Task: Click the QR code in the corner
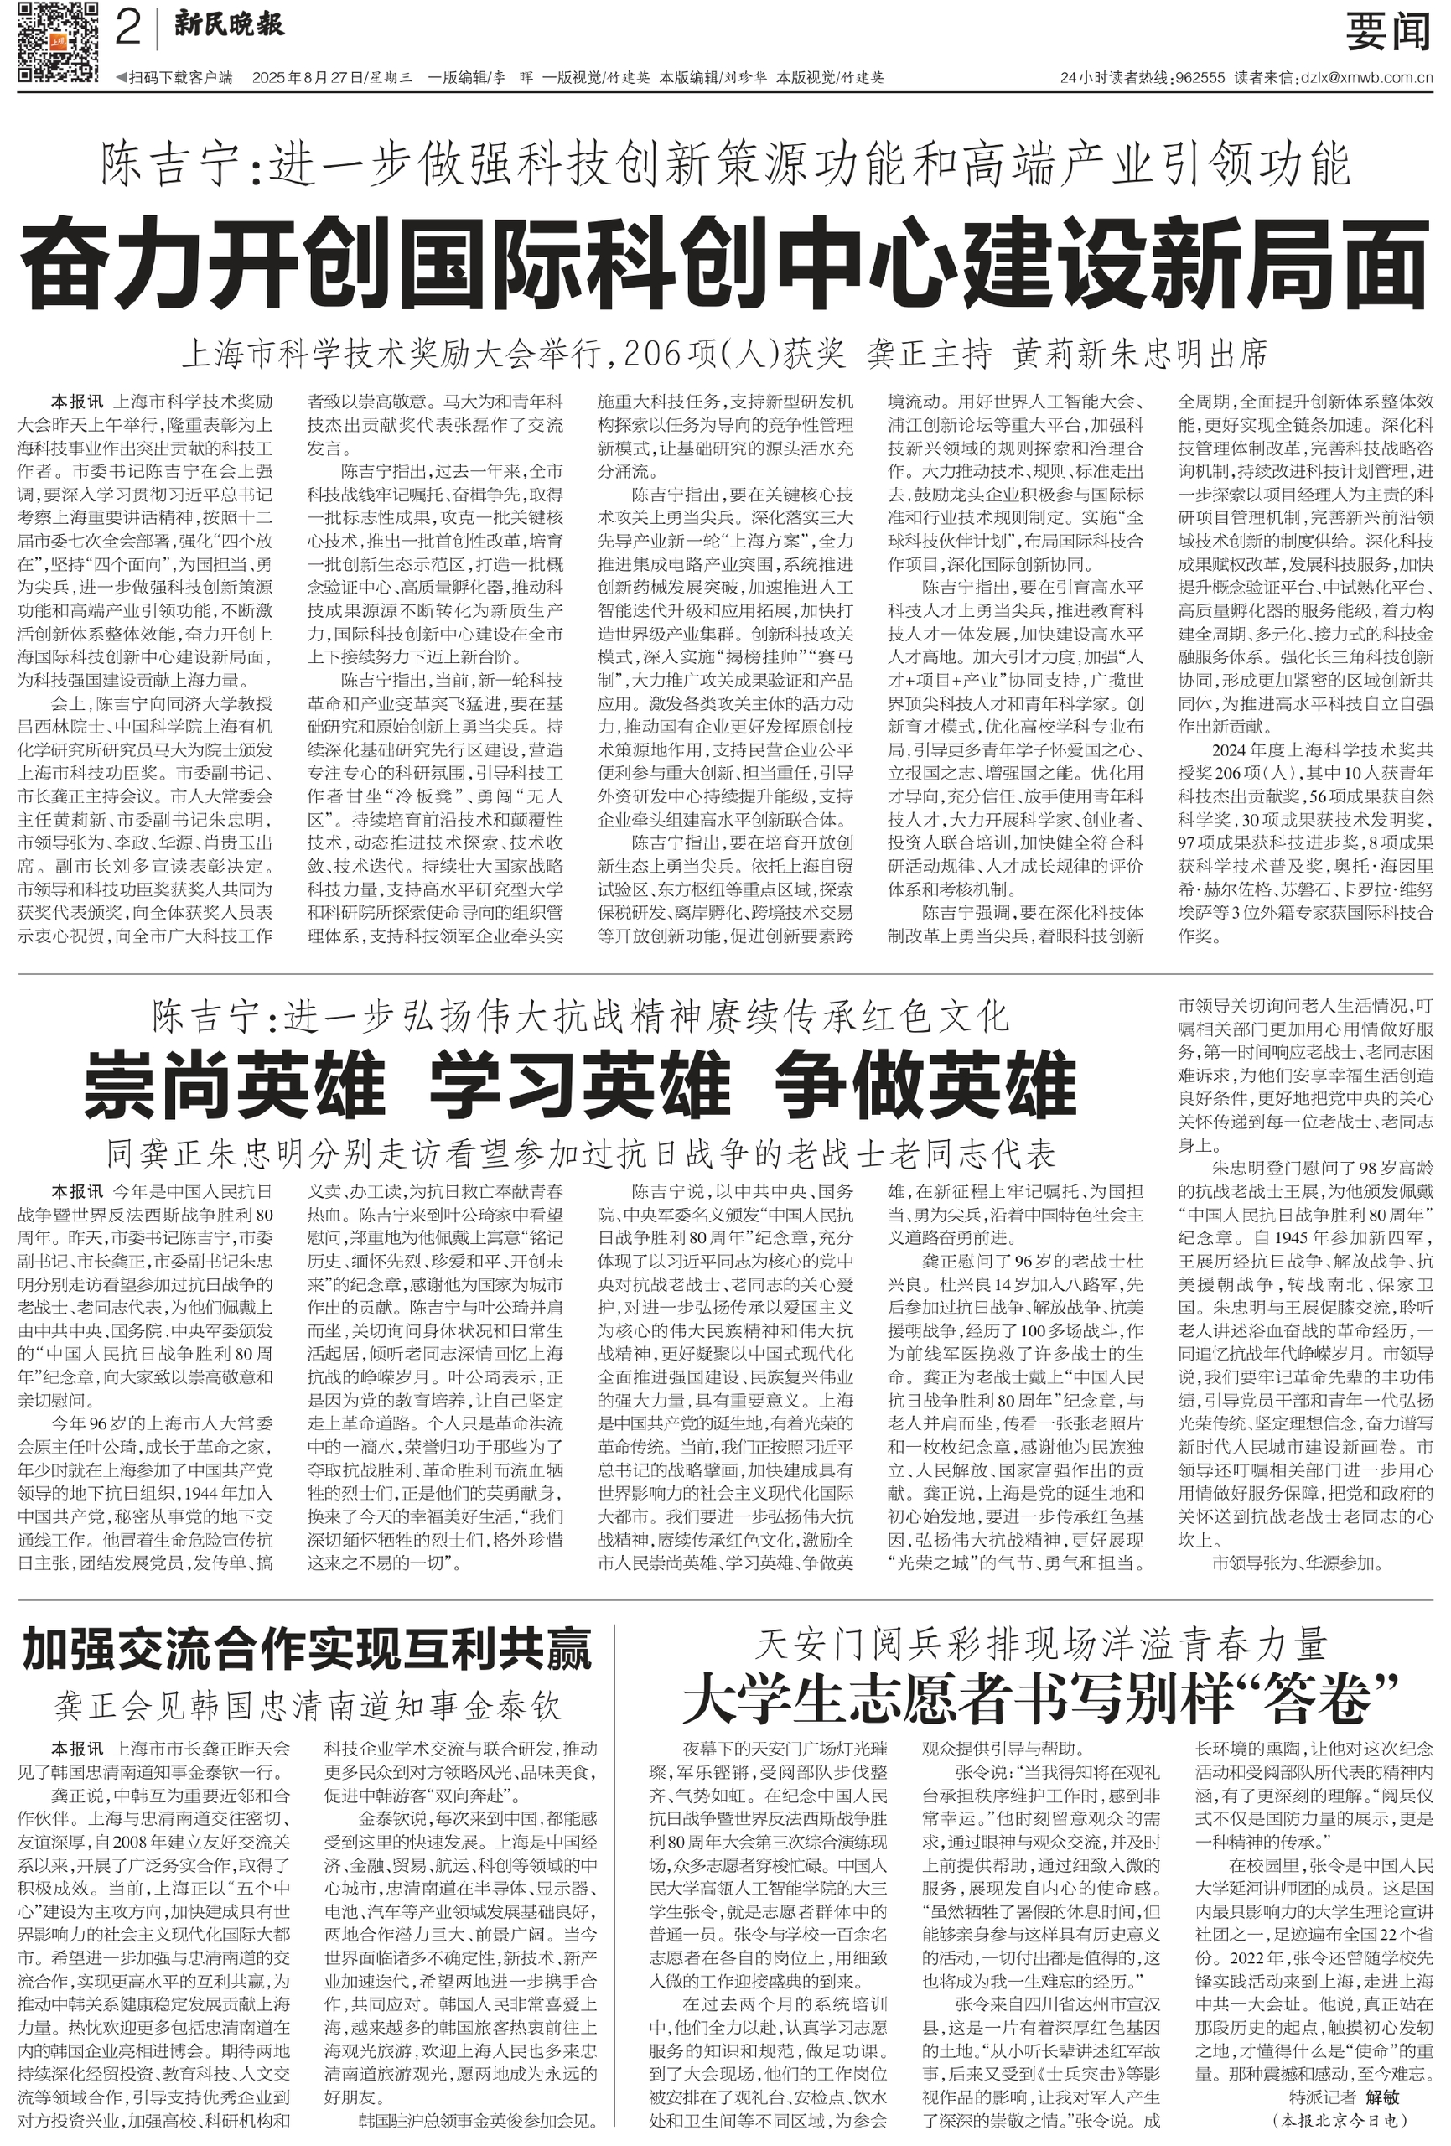57,42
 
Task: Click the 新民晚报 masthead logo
229,26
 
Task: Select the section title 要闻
1387,34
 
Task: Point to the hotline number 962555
1199,78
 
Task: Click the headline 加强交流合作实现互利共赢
307,1649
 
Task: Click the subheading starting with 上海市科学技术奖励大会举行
725,353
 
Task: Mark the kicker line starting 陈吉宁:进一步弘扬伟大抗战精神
580,1017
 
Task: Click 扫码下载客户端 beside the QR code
175,78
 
